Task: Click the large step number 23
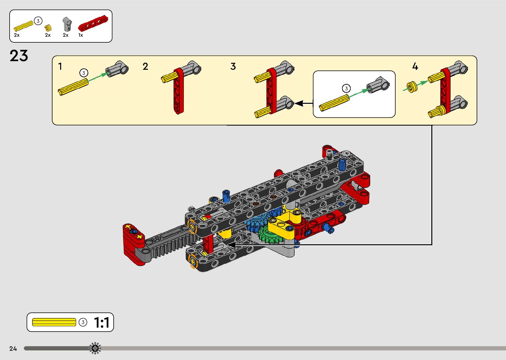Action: click(19, 56)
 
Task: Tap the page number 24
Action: click(13, 349)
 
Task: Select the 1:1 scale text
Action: click(102, 323)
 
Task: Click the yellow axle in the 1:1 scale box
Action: click(54, 322)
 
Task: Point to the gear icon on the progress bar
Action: click(95, 348)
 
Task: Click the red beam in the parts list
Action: click(93, 23)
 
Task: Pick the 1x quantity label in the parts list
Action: click(81, 35)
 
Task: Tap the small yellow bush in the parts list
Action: click(48, 28)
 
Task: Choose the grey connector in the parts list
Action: click(67, 24)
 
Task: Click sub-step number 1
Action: click(60, 66)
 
